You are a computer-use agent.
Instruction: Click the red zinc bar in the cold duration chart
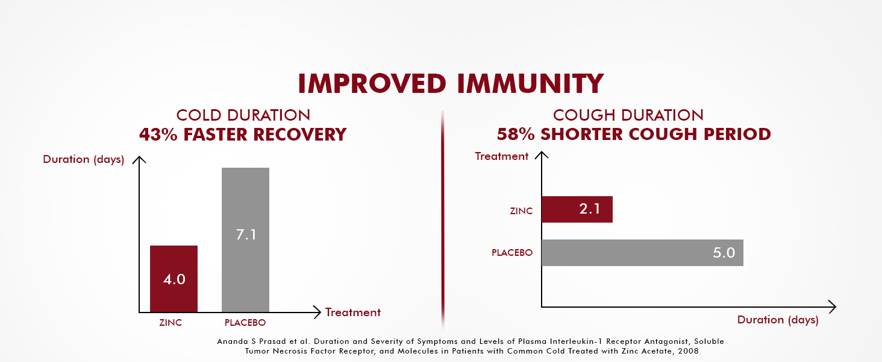coord(174,279)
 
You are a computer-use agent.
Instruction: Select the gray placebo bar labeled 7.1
coord(245,240)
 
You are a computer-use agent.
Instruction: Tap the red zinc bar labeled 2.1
coord(577,209)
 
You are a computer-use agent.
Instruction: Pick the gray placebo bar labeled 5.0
coord(642,253)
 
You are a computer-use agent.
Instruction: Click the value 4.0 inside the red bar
coord(174,279)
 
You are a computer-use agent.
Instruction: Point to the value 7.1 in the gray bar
coord(246,235)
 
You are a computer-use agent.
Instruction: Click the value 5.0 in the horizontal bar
coord(724,253)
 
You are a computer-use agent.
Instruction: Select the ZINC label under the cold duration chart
coord(170,323)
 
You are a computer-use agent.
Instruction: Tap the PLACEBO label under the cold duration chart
coord(245,323)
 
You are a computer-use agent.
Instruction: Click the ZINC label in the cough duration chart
coord(521,211)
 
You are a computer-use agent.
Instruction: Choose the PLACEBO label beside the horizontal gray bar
coord(512,252)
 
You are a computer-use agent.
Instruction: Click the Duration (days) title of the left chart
coord(84,159)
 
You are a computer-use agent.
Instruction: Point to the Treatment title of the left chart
coord(353,313)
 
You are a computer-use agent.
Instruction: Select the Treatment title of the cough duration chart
coord(501,156)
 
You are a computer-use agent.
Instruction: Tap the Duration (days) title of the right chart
coord(778,320)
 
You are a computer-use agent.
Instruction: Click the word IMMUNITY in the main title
coord(530,84)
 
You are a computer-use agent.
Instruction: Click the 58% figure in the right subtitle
coord(516,134)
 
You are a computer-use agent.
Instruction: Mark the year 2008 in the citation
coord(688,351)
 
